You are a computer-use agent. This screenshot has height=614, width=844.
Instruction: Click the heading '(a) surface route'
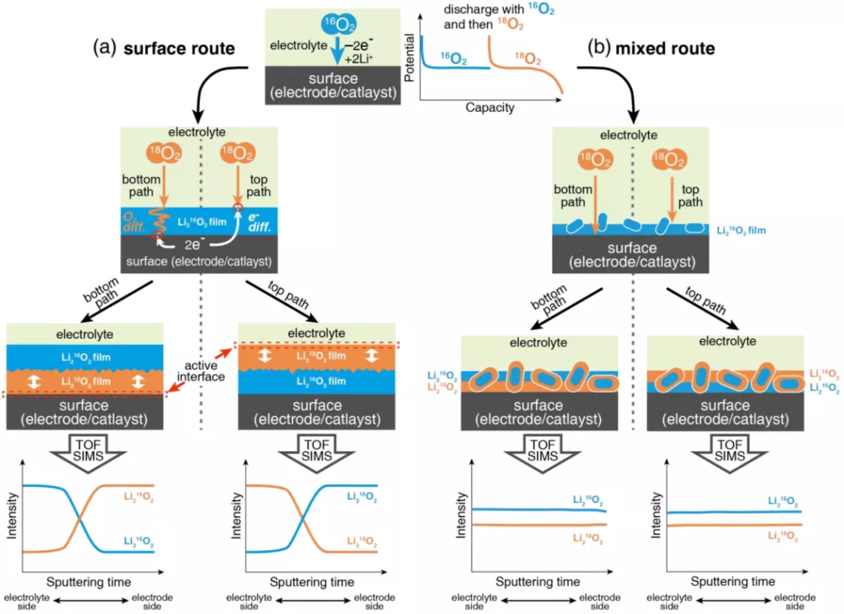[164, 48]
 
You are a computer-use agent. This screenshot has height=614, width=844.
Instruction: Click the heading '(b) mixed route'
[651, 48]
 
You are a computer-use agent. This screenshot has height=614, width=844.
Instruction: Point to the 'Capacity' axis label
[490, 107]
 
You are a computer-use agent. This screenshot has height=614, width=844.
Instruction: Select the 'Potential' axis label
[410, 58]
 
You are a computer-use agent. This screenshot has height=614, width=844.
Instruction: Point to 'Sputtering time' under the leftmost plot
[88, 582]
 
